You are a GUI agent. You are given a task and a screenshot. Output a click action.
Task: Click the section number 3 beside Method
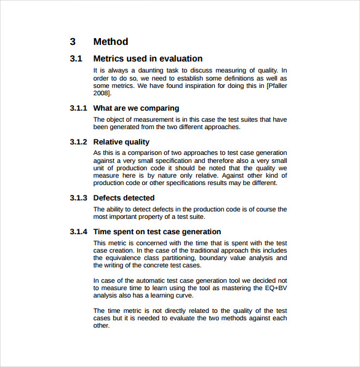pos(73,42)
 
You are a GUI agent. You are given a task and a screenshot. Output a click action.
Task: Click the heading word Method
pos(111,42)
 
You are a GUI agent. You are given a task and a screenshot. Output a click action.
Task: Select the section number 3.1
pos(76,59)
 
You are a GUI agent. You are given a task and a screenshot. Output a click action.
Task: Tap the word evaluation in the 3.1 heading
pos(181,59)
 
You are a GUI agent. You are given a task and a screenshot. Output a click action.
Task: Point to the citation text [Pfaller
pos(277,86)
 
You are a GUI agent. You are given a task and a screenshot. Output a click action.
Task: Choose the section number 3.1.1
pos(79,108)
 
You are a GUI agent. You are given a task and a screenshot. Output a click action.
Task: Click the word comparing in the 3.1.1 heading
pos(160,108)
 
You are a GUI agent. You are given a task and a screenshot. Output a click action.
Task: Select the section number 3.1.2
pos(79,142)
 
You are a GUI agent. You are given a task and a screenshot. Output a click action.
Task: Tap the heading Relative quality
pos(121,142)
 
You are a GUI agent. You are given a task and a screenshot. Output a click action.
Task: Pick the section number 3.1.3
pos(79,198)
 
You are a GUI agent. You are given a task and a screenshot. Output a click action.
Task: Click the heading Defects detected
pos(124,198)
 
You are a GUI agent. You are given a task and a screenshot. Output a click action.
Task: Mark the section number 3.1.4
pos(79,232)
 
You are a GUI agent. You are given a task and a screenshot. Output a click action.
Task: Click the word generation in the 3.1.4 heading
pos(199,232)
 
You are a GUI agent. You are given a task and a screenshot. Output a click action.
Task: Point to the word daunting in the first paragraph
pos(157,71)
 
